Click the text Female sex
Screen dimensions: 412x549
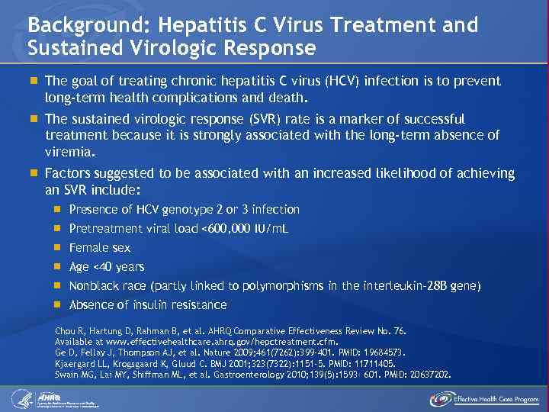[x=100, y=247]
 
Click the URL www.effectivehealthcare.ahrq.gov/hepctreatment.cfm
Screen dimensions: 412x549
[x=210, y=343]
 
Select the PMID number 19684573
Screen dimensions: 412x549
[x=380, y=353]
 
